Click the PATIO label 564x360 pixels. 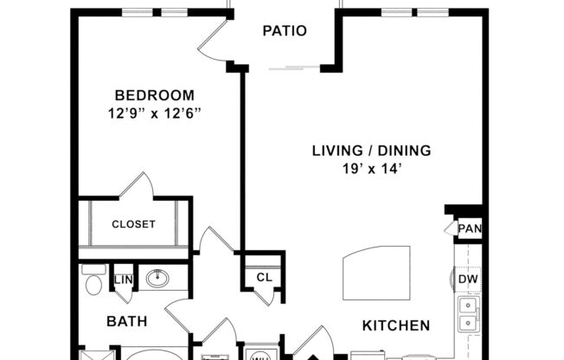285,31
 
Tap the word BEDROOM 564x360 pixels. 155,95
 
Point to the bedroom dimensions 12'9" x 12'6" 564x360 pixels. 155,112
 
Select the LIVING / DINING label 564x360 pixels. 371,151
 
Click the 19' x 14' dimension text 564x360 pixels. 371,169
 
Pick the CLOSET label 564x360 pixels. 134,224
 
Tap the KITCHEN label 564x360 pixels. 395,325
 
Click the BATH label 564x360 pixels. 126,321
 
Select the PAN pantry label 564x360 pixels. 470,228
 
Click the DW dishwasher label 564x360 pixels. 468,279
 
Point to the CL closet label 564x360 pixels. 264,278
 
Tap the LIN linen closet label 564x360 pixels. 123,279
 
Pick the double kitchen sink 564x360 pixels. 467,315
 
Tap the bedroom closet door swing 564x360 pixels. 138,185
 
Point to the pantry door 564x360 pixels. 450,228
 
